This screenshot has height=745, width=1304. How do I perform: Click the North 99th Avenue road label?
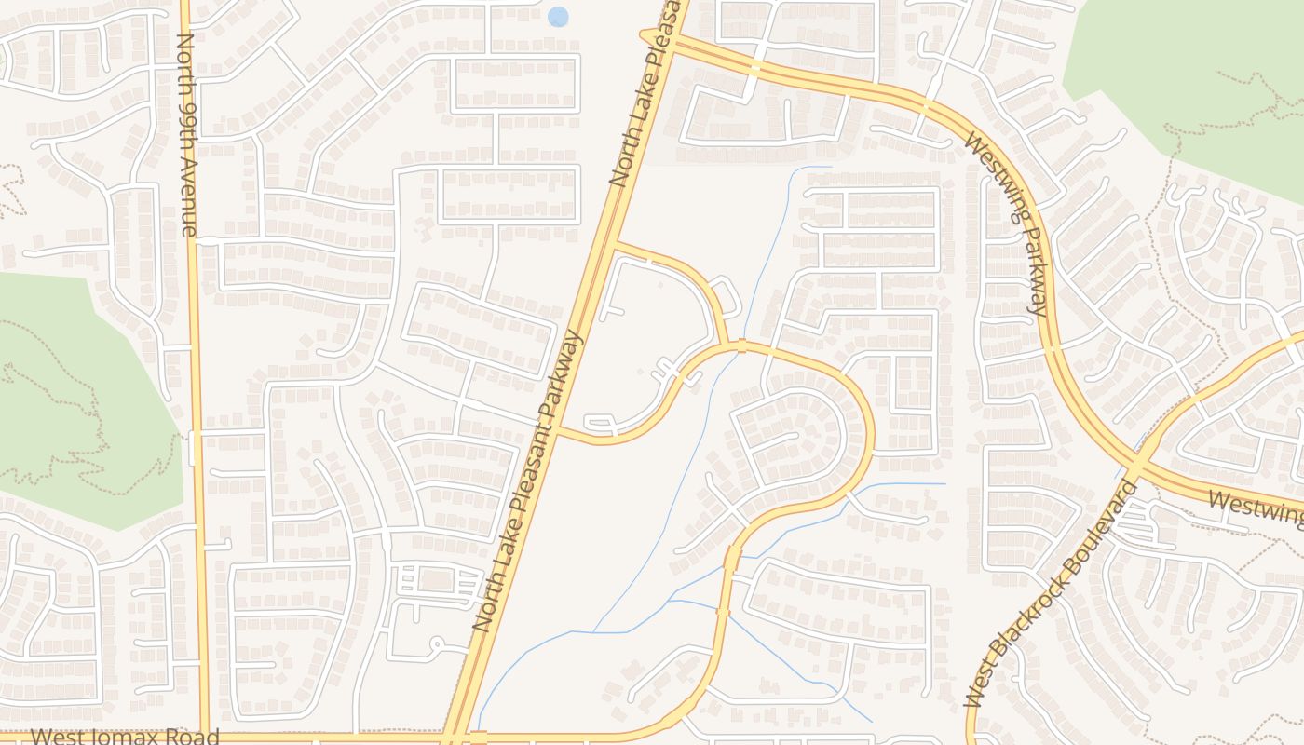(187, 135)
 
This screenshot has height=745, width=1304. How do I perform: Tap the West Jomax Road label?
(125, 737)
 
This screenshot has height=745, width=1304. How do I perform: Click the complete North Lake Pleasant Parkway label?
(529, 481)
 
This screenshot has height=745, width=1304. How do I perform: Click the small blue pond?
(558, 17)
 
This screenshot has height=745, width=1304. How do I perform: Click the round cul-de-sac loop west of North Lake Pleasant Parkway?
(435, 643)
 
